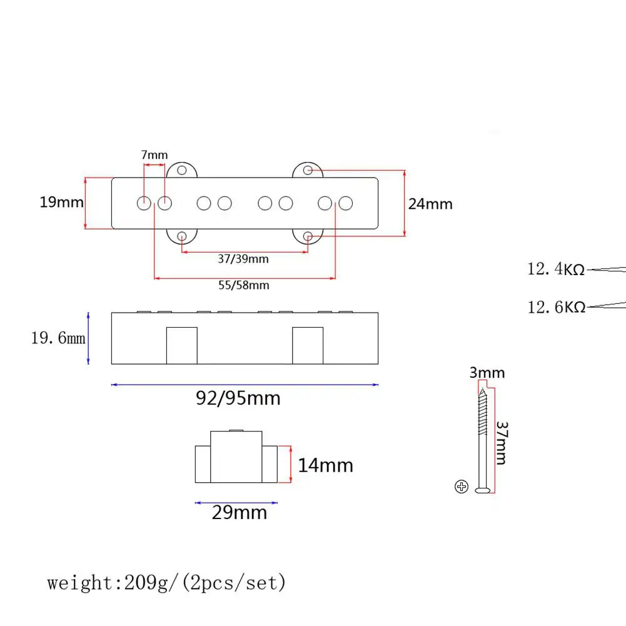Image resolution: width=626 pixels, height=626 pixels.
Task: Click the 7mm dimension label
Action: coord(154,154)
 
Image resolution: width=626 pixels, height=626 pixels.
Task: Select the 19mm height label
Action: coord(61,203)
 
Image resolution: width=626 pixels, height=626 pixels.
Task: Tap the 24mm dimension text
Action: coord(430,204)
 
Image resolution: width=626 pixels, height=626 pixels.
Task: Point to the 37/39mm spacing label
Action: coord(244,259)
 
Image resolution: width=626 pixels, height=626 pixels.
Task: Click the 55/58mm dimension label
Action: coord(244,285)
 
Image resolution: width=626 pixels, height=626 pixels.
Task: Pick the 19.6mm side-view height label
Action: coord(58,338)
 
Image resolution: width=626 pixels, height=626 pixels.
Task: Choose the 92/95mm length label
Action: coord(238,398)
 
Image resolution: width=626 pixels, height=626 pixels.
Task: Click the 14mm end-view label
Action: coord(325,465)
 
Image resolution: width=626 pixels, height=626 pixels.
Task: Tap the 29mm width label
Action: coord(240,513)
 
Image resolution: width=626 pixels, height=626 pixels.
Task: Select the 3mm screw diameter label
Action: coord(487,373)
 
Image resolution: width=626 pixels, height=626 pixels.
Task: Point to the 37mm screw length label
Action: coord(501,442)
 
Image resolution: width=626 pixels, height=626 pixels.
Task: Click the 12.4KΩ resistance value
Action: coord(556,270)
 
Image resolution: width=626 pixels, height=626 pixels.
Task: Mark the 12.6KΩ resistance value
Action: coord(556,307)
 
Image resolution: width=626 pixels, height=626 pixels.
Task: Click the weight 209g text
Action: coord(166,583)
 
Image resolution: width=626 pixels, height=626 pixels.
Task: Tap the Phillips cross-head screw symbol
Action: coord(462,487)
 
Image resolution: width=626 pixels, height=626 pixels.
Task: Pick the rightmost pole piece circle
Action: coord(345,203)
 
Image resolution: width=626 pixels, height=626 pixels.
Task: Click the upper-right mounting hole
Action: coord(308,170)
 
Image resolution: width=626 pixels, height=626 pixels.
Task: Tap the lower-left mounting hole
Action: coord(182,236)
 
